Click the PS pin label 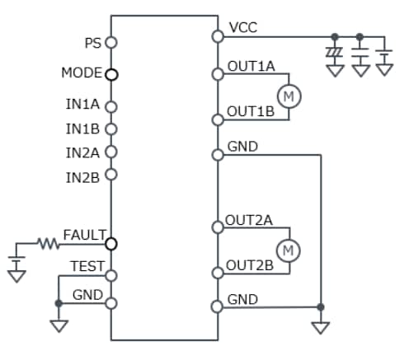[x=92, y=41]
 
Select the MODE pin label [x=81, y=72]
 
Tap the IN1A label [x=83, y=105]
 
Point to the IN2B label [x=83, y=175]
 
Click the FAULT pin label [x=84, y=235]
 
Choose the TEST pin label [x=87, y=266]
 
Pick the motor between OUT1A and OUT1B [x=289, y=96]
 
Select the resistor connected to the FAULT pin [x=48, y=244]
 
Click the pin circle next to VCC [x=217, y=36]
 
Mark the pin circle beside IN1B [x=111, y=129]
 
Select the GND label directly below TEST [x=87, y=294]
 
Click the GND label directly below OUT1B [x=242, y=147]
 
